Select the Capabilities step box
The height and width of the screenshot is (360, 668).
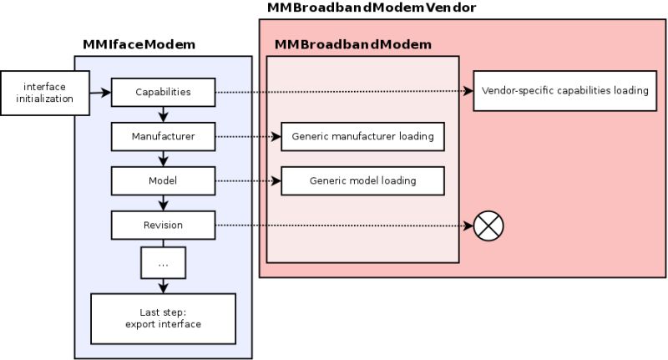tap(163, 91)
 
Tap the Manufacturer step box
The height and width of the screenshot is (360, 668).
tap(163, 135)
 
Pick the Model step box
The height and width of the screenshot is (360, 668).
tap(163, 180)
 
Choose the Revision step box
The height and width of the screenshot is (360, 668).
tap(163, 225)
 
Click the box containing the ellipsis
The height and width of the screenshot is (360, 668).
tap(163, 263)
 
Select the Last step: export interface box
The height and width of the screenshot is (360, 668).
tap(163, 318)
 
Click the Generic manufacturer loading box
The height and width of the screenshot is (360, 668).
tap(362, 135)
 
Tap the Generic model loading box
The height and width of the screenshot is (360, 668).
tap(362, 180)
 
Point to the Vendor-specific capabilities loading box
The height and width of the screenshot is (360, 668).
tap(565, 91)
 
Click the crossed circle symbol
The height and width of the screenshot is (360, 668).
tap(488, 226)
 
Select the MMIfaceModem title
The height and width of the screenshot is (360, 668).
tap(139, 44)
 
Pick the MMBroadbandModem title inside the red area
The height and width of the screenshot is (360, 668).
tap(353, 44)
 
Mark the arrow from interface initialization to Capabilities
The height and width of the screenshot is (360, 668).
tap(99, 91)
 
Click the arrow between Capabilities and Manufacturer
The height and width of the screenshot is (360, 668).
tap(163, 114)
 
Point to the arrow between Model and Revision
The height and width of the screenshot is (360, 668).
tap(163, 203)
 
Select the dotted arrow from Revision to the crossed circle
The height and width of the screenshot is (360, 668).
tap(342, 226)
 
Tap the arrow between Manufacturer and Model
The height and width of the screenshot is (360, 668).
tap(163, 158)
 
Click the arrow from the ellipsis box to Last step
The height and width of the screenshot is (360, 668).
tap(163, 286)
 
